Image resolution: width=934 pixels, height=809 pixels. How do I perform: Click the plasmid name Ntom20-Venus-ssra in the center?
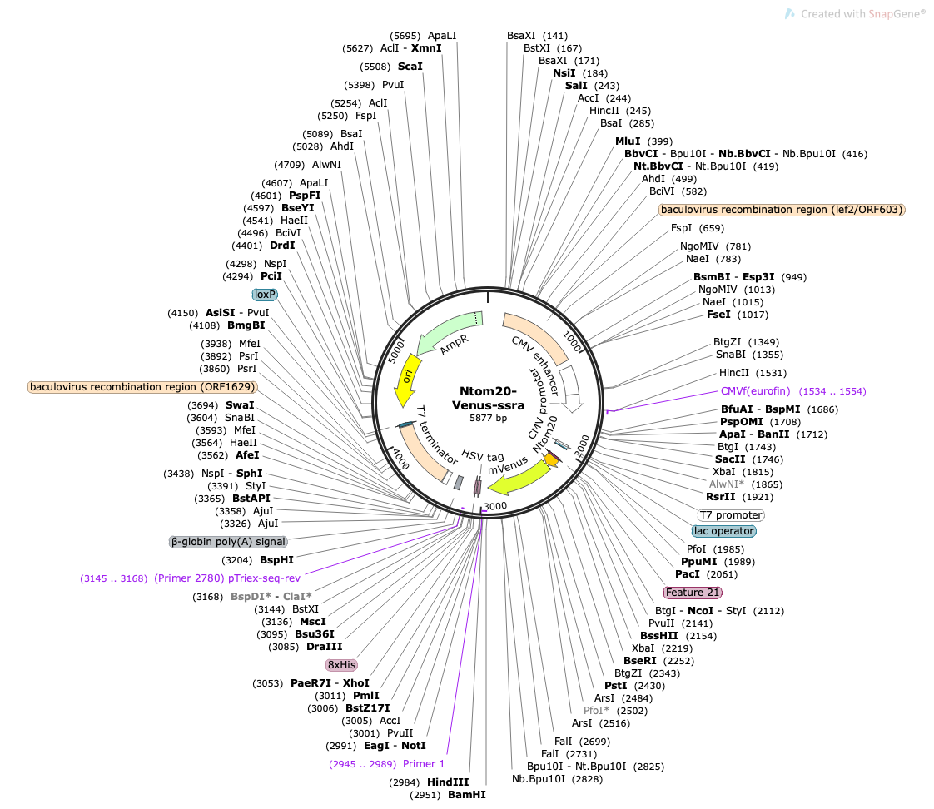(x=488, y=398)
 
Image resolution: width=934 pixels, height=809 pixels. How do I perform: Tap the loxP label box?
(x=265, y=295)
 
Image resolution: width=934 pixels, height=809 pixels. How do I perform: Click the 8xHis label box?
(x=341, y=665)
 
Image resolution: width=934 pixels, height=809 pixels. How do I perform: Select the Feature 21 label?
(x=693, y=592)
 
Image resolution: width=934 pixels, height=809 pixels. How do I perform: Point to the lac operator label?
(x=724, y=531)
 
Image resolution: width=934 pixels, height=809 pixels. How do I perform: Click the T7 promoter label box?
(x=731, y=514)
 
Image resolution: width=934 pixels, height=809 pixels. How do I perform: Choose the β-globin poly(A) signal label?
(x=229, y=542)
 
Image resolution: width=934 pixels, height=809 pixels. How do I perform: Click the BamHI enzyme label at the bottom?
(x=467, y=795)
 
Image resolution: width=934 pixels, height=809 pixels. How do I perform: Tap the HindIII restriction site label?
(x=448, y=782)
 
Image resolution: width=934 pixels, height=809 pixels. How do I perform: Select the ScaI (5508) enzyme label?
(x=410, y=66)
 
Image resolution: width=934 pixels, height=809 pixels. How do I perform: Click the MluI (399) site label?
(x=628, y=141)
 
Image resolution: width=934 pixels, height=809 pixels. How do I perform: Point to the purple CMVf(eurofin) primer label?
(x=755, y=391)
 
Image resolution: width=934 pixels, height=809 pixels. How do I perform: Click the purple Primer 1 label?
(x=424, y=764)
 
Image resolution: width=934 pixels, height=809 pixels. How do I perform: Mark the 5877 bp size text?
(x=488, y=418)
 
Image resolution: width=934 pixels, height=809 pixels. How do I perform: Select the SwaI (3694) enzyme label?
(x=240, y=405)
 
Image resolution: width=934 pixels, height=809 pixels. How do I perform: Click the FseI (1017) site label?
(x=718, y=314)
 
